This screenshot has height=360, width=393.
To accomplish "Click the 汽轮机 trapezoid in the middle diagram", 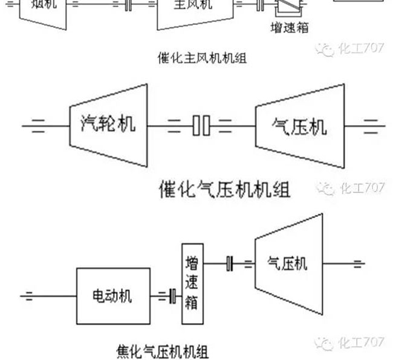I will (x=109, y=126).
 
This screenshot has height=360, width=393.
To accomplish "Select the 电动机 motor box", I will (x=112, y=296).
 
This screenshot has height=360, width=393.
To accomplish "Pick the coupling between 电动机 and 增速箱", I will (x=173, y=296).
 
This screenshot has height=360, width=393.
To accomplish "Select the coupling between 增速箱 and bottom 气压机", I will (x=230, y=263).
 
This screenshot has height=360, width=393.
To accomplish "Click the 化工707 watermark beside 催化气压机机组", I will (x=351, y=188).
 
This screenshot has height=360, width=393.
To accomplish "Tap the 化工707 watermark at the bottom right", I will (x=351, y=342).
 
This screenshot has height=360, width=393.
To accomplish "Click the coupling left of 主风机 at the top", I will (x=128, y=6).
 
